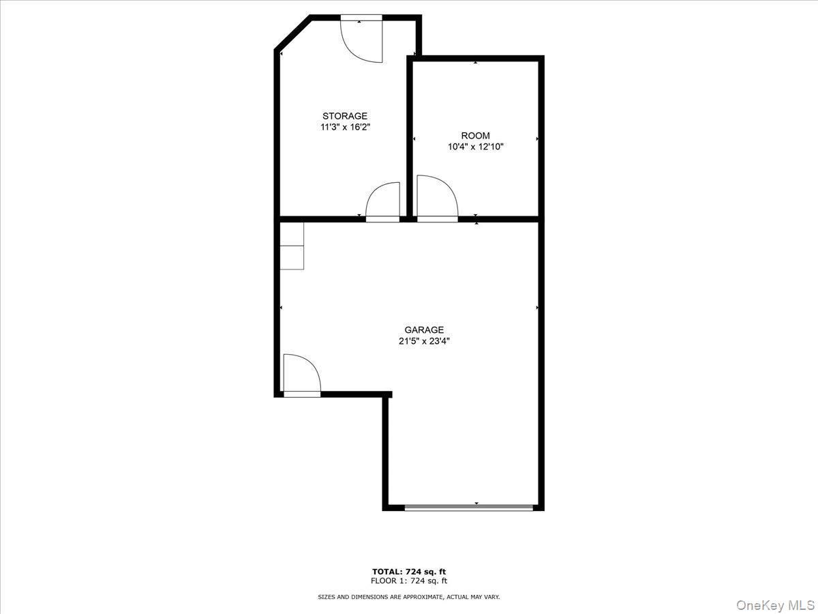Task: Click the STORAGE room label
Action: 345,116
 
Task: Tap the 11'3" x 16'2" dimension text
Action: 345,128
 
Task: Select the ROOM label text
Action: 475,136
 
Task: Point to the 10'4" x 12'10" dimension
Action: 475,147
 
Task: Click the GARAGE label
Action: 424,330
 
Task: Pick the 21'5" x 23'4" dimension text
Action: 424,342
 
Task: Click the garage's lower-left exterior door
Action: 301,377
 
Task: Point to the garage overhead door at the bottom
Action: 468,508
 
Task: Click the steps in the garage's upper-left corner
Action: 292,246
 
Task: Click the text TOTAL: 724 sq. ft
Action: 409,572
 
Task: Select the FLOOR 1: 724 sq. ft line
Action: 409,581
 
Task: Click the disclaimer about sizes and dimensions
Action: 409,597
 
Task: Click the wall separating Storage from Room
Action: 410,136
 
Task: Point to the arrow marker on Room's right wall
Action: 537,139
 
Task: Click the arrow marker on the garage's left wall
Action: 282,308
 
